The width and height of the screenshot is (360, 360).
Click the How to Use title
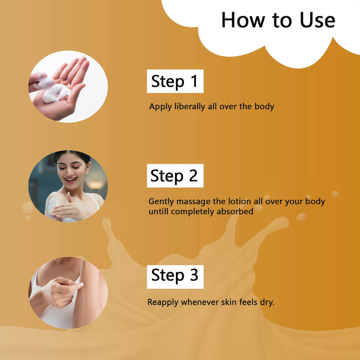click(x=278, y=21)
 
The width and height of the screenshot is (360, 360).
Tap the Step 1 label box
click(x=175, y=81)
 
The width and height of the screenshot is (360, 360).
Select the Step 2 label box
click(x=175, y=176)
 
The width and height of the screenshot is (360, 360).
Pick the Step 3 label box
click(x=175, y=276)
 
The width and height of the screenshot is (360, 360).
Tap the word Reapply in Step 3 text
click(x=163, y=302)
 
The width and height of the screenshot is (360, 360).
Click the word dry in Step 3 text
click(x=267, y=302)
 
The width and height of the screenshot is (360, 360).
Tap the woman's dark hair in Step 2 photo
click(x=72, y=156)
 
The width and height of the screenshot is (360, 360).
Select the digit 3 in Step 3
click(x=193, y=275)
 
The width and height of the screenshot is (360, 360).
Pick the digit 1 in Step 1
click(x=193, y=81)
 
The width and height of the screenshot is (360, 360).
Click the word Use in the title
click(x=317, y=21)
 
